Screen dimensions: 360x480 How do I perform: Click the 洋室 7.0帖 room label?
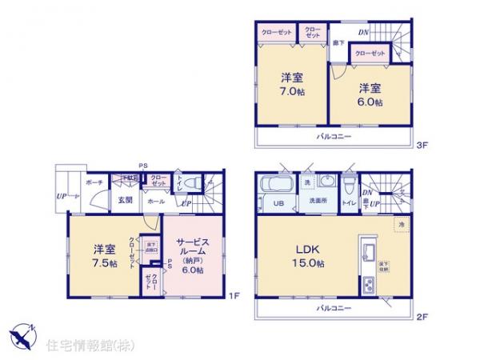click(x=292, y=85)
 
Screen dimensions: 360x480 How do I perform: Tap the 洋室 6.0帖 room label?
click(x=370, y=94)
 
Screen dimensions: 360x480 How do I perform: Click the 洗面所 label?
click(x=318, y=202)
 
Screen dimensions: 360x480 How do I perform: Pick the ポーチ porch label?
click(x=94, y=181)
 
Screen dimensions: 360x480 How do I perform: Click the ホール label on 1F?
click(x=154, y=202)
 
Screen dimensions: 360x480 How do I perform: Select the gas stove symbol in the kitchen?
click(x=369, y=284)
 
